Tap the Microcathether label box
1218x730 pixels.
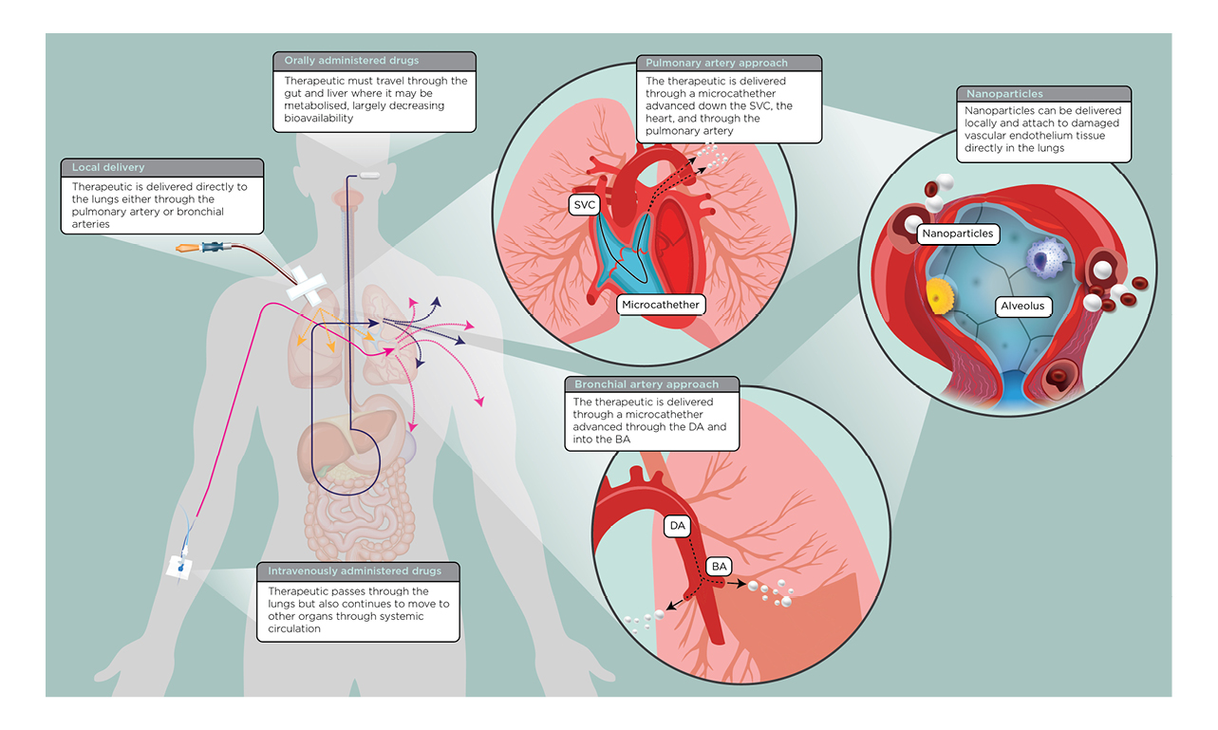pos(662,305)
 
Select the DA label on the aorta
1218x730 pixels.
pos(677,525)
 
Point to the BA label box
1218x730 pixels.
pos(720,567)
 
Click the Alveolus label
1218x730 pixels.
pos(1021,306)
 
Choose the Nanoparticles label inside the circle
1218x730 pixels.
pos(956,233)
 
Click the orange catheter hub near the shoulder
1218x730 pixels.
pos(189,249)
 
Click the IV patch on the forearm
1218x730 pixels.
pos(179,568)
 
